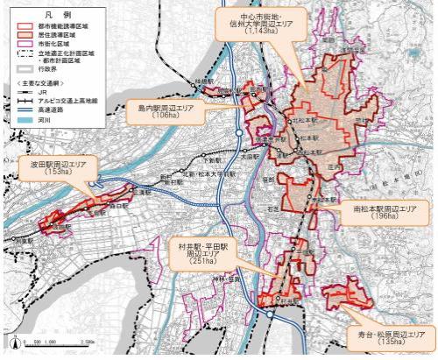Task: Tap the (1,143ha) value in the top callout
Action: (x=260, y=30)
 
